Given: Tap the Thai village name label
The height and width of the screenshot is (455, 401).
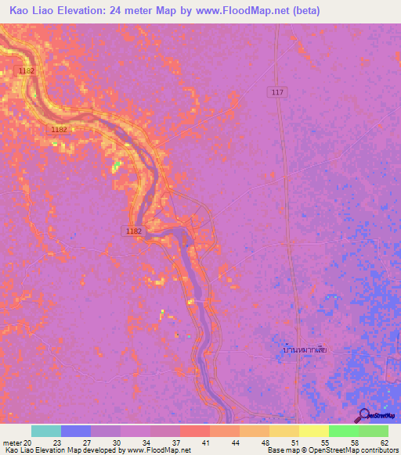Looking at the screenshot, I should click(x=305, y=349).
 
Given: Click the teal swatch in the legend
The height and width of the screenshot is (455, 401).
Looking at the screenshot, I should click(x=46, y=431).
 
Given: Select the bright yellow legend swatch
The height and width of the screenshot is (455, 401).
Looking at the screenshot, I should click(x=313, y=431).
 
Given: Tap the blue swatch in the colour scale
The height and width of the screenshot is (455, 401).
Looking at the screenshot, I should click(x=76, y=431).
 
